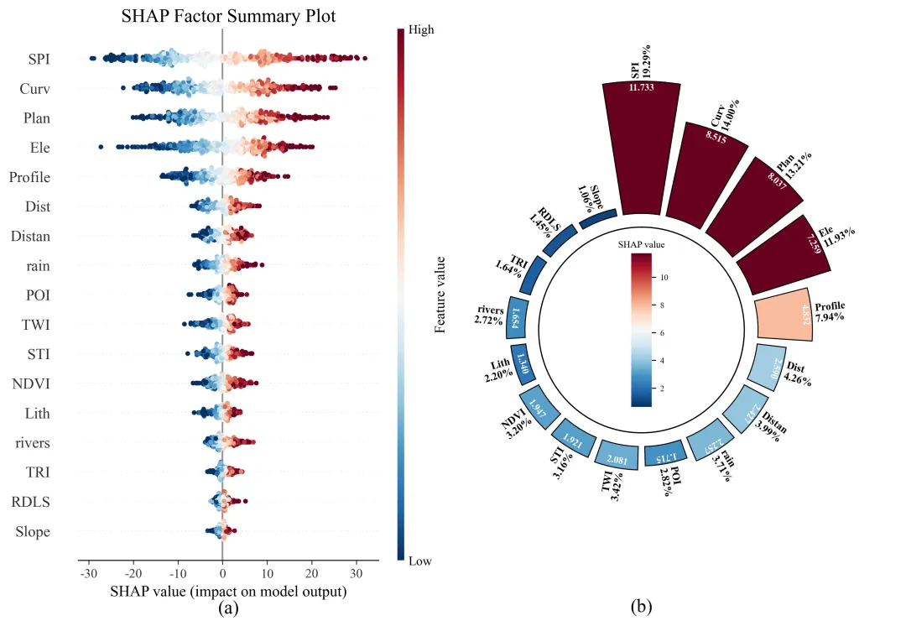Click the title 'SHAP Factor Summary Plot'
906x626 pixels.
point(229,15)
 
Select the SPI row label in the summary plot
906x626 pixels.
point(39,59)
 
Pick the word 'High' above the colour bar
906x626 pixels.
point(421,29)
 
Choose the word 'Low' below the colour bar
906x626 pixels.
point(419,561)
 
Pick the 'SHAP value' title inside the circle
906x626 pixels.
point(642,244)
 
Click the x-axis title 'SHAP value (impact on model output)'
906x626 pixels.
point(228,592)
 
